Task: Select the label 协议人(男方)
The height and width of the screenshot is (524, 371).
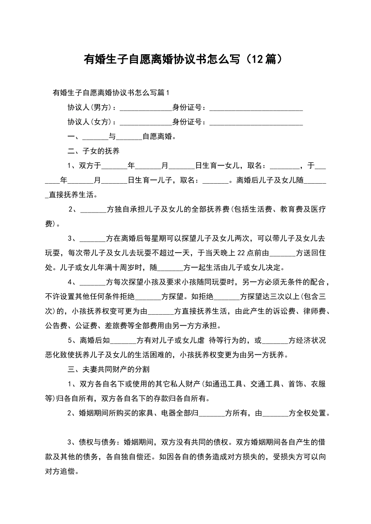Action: [91, 108]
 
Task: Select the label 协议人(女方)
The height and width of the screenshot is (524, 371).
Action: [91, 122]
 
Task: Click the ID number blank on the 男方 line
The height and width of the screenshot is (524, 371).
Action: [256, 108]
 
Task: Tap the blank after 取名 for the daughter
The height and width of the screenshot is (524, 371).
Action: [285, 166]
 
